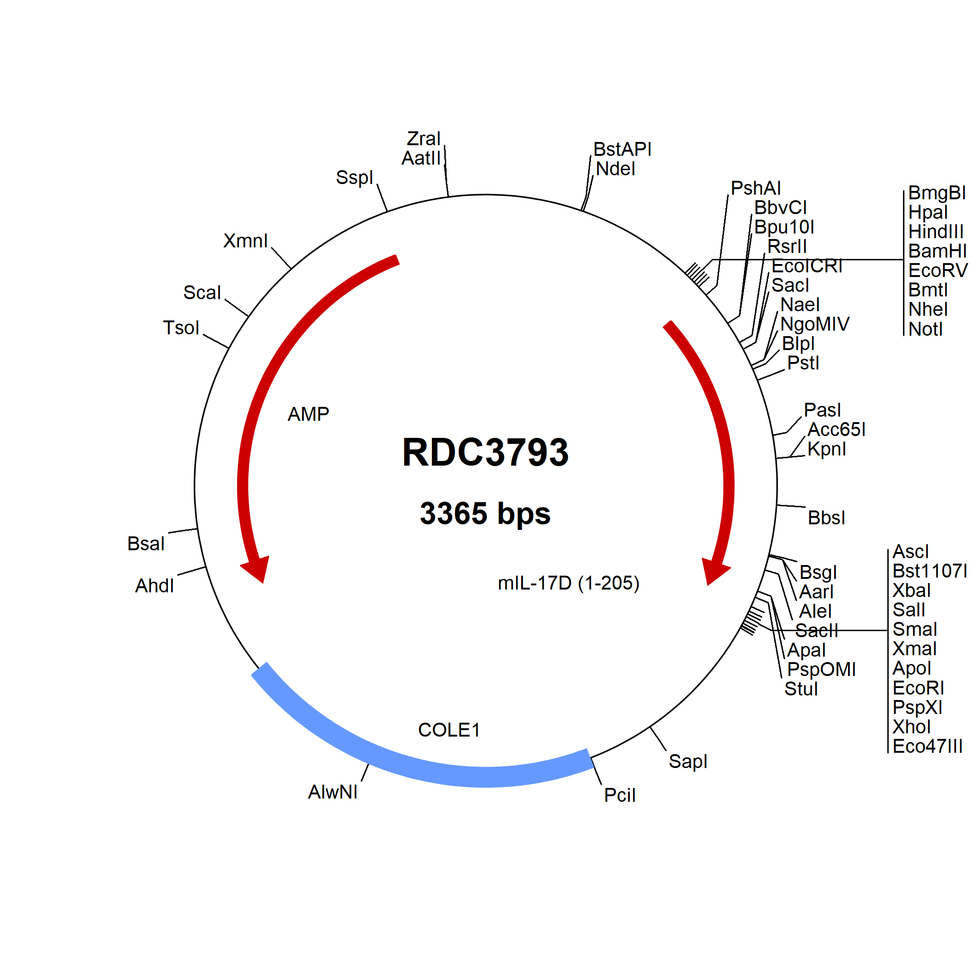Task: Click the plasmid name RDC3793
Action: [485, 452]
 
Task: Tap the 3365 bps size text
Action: [485, 513]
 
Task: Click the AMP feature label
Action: [308, 414]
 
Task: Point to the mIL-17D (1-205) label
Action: [568, 583]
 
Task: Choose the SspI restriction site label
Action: [354, 178]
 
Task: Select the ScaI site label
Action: [202, 293]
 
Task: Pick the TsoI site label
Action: [181, 328]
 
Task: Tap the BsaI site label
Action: [146, 544]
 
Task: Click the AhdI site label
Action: [154, 586]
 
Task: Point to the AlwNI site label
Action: [333, 792]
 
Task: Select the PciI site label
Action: [620, 796]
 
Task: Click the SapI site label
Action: [688, 762]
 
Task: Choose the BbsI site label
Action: [826, 518]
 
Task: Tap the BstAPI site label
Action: [622, 149]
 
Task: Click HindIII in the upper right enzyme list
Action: [936, 232]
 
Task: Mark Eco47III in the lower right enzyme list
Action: [927, 746]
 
